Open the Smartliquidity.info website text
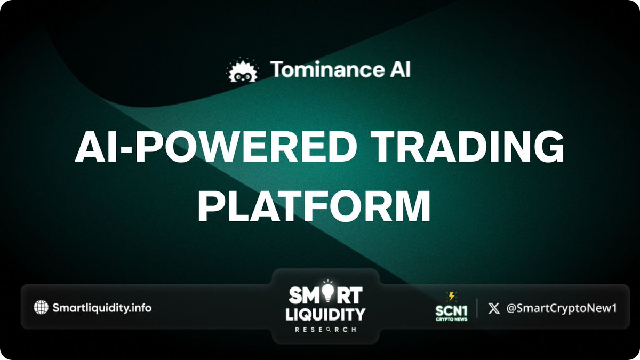point(102,307)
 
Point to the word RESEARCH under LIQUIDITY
point(318,329)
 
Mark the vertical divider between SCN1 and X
point(477,308)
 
